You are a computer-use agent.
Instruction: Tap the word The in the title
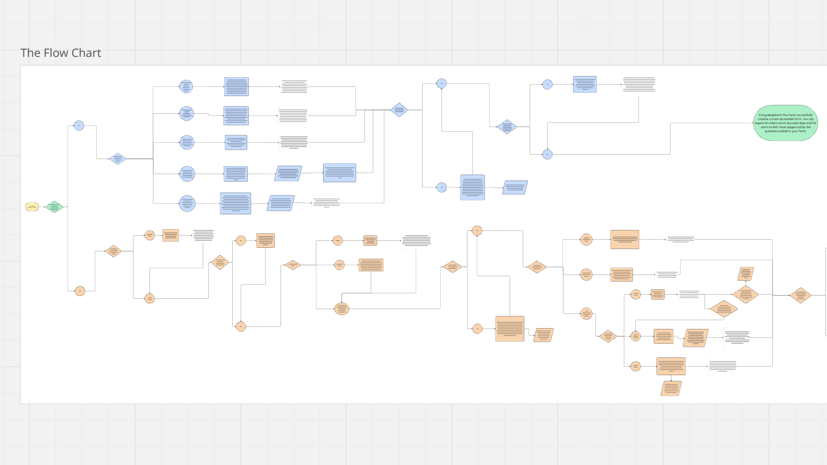click(x=30, y=53)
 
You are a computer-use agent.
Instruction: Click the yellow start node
click(x=32, y=207)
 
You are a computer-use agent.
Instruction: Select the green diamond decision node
click(x=54, y=207)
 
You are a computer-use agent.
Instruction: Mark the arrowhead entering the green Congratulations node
click(x=753, y=123)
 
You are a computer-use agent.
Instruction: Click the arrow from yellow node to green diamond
click(x=42, y=207)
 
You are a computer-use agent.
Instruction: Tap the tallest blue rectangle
click(x=473, y=187)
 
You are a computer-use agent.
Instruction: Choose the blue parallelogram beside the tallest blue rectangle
click(x=515, y=188)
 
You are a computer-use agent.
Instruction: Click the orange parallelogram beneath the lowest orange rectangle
click(x=671, y=388)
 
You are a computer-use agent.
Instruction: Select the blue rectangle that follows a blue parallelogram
click(x=339, y=173)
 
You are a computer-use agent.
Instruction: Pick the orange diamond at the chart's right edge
click(x=800, y=295)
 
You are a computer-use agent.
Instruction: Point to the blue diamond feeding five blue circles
click(x=118, y=159)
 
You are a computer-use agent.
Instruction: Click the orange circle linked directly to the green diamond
click(x=80, y=291)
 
